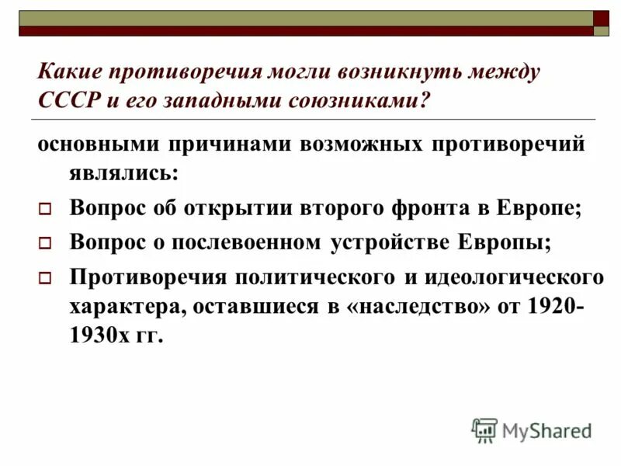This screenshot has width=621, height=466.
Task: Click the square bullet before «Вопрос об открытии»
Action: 45,209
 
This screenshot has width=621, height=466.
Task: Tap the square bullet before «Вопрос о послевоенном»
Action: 45,243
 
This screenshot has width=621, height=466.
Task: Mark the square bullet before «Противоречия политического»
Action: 45,277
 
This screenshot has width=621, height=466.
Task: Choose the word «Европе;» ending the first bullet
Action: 540,207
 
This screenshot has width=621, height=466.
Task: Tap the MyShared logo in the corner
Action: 533,429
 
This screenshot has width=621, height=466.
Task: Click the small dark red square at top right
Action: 601,18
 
